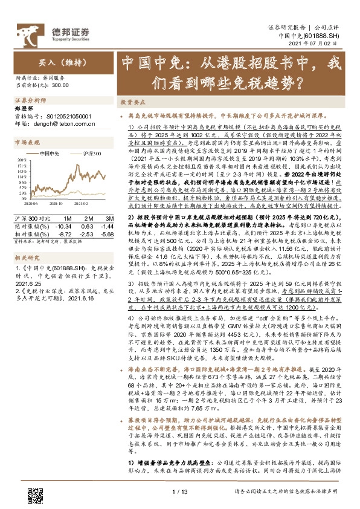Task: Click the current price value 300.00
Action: point(60,86)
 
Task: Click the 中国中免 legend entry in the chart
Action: point(49,153)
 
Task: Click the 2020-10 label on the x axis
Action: point(57,204)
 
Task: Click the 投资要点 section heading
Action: point(131,102)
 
